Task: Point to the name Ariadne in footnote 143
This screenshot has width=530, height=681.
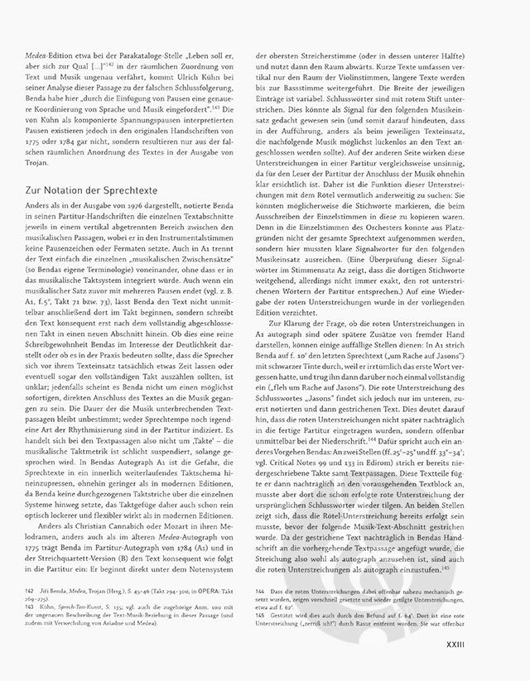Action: (183, 617)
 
